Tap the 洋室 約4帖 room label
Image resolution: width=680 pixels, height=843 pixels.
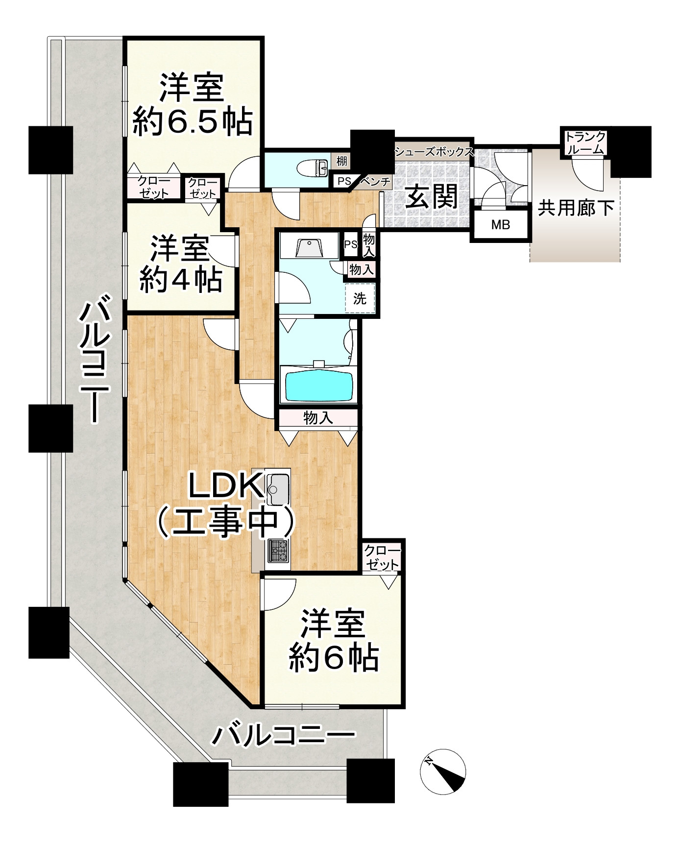(180, 264)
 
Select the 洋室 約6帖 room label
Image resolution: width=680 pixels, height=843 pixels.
(333, 641)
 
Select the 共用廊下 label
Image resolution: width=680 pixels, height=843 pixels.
(576, 208)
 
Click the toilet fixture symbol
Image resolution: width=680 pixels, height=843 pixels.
(316, 168)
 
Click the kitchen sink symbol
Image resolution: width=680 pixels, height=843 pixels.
(279, 489)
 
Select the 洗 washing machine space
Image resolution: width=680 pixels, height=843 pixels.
(360, 298)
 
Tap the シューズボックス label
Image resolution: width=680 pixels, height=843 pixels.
(434, 151)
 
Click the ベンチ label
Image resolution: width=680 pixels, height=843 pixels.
(376, 182)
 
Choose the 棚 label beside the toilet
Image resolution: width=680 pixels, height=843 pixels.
(341, 160)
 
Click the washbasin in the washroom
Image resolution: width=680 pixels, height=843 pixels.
(310, 247)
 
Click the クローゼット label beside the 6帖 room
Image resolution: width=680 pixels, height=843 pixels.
(382, 556)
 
